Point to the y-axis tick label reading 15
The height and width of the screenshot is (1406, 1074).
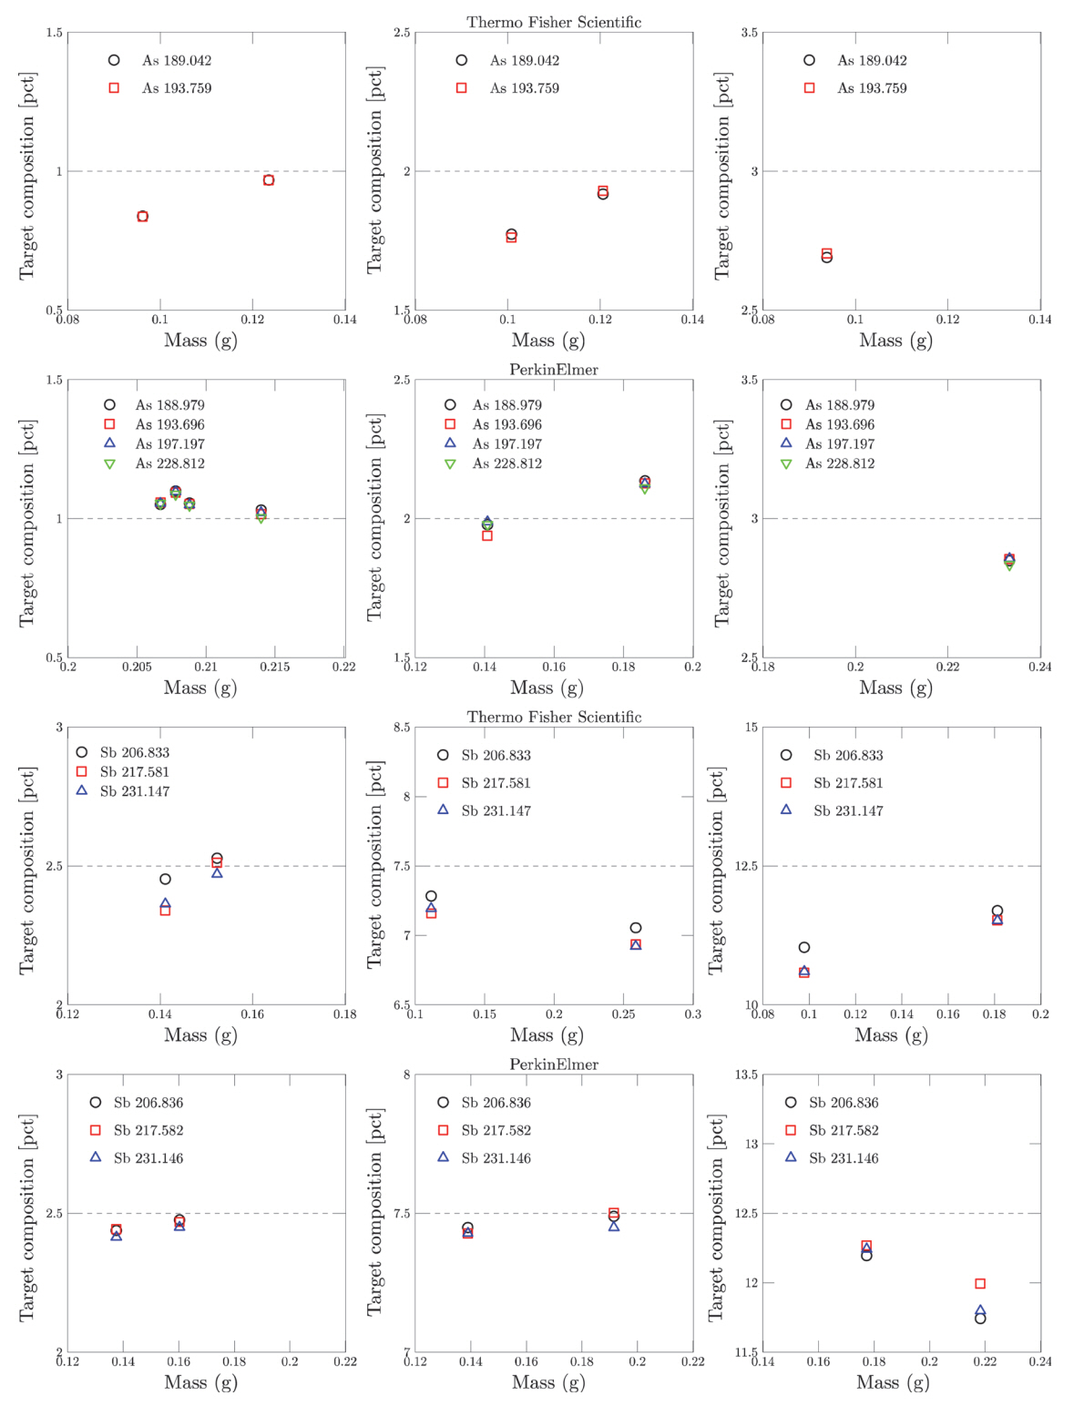click(x=752, y=728)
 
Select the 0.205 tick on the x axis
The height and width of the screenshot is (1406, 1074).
click(x=137, y=667)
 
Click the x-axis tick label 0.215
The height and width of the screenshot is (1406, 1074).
click(x=275, y=667)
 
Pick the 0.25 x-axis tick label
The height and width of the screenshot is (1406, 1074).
click(x=623, y=1014)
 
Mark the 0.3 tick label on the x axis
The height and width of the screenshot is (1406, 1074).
click(x=693, y=1014)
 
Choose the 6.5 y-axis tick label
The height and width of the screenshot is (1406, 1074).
click(x=401, y=1005)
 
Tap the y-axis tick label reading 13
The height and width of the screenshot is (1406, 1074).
click(x=751, y=1144)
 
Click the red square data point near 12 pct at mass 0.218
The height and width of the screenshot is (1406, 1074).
click(x=980, y=1284)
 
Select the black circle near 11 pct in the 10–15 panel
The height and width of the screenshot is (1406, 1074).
click(x=804, y=948)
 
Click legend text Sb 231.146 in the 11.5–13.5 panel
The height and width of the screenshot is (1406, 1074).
click(x=844, y=1158)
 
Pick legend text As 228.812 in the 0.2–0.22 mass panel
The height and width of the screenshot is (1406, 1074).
click(x=170, y=464)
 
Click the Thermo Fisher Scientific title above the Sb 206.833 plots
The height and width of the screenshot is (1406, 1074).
click(x=554, y=718)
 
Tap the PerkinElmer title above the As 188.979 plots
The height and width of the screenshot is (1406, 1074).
click(x=554, y=370)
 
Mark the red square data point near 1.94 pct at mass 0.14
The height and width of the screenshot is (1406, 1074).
click(x=487, y=536)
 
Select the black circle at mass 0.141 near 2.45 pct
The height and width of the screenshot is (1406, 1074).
click(x=165, y=879)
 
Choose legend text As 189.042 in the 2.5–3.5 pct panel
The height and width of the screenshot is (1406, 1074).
click(x=872, y=61)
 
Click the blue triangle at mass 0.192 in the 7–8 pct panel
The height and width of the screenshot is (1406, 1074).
click(x=614, y=1227)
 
